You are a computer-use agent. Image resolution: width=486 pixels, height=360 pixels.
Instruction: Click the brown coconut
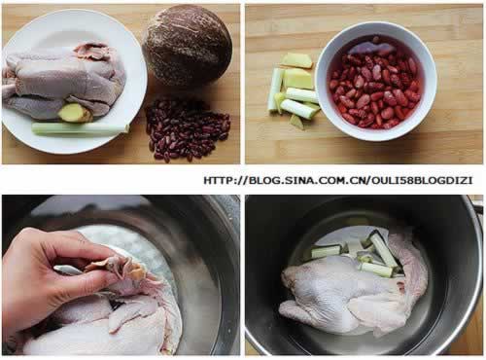tap(188, 46)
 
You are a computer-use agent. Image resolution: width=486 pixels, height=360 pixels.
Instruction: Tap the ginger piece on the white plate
tap(75, 113)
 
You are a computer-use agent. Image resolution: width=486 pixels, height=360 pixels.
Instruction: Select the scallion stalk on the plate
tap(80, 129)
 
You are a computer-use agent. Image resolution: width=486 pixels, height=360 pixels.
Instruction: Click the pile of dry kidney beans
tap(188, 129)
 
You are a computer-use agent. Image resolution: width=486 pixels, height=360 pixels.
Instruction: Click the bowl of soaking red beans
tap(376, 81)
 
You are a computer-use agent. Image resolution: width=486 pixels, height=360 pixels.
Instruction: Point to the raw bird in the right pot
tap(353, 292)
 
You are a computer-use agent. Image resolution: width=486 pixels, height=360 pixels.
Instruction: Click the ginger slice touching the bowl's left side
tap(298, 78)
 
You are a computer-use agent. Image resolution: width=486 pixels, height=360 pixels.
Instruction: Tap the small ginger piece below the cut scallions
tap(297, 122)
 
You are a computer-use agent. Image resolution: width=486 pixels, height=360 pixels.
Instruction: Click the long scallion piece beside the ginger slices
tap(275, 90)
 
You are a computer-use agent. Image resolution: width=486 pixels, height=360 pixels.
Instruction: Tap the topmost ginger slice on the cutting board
tap(296, 60)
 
